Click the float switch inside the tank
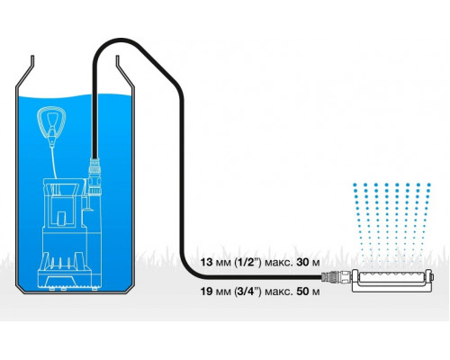click(51, 124)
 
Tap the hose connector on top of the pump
click(94, 176)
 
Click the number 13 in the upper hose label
click(206, 262)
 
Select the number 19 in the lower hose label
click(206, 291)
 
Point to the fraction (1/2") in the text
click(247, 262)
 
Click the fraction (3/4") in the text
click(247, 291)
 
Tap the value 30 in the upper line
click(302, 262)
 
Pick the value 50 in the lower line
click(302, 291)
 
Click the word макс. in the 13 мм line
click(279, 263)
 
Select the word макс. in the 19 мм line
click(279, 292)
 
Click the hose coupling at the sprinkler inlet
click(336, 276)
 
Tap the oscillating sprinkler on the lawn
click(393, 280)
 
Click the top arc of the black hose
click(121, 40)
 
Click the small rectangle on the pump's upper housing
click(62, 218)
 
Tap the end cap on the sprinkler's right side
click(432, 276)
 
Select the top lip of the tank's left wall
click(32, 61)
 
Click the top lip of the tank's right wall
click(118, 61)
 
